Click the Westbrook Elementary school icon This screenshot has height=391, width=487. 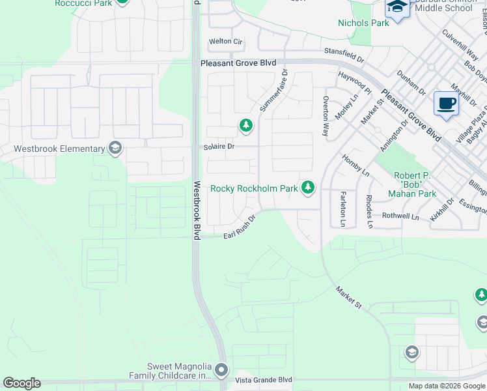point(116,149)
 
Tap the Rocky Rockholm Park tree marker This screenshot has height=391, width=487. point(308,188)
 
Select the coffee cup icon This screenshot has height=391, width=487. point(446,104)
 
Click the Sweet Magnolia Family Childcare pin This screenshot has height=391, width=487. point(221,370)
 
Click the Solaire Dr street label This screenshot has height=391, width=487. point(218,147)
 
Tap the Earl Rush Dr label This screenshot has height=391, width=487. point(239,232)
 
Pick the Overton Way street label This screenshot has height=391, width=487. point(326,116)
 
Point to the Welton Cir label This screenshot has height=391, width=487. point(225,42)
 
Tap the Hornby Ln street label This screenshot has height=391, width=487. point(355,166)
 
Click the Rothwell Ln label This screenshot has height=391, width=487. point(400,216)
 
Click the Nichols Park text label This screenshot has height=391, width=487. point(363,23)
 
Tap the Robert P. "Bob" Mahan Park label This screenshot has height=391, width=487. point(415,184)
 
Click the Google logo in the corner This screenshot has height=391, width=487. point(21,383)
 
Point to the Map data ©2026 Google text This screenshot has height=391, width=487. point(447,386)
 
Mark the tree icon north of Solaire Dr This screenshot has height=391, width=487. point(245,124)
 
